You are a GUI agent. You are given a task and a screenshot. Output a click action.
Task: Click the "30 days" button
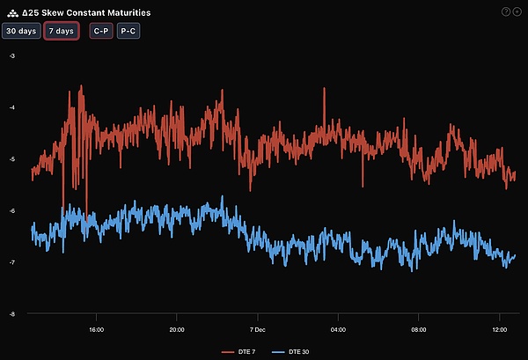tap(21, 31)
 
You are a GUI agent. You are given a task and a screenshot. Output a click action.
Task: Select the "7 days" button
tap(62, 31)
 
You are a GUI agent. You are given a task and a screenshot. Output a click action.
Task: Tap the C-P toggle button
tap(101, 31)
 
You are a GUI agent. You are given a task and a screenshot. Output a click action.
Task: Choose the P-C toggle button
tap(128, 31)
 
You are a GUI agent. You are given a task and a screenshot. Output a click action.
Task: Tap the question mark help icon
tap(505, 11)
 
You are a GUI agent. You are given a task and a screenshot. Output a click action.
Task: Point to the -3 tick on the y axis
tap(12, 55)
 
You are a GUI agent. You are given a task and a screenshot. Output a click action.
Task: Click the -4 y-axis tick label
tap(12, 107)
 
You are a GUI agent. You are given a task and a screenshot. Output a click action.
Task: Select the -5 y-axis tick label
tap(12, 159)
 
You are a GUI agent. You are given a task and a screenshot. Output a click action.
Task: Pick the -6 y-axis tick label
tap(12, 211)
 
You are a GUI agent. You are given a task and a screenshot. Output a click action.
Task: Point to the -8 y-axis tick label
tap(12, 314)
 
